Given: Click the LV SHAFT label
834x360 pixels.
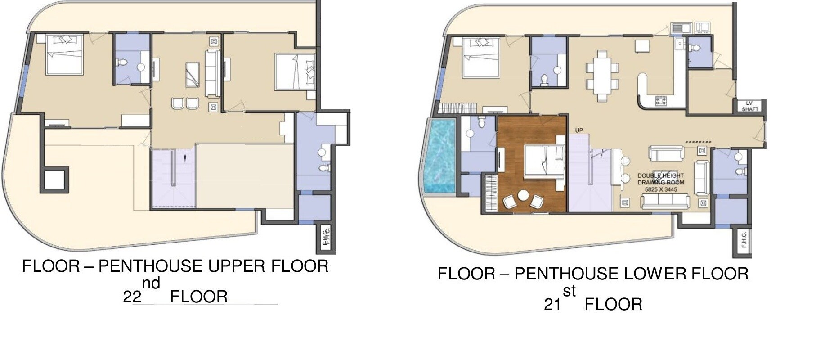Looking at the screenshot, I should (x=749, y=106).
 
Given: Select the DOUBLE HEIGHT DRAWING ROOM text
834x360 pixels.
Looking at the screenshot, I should (x=660, y=179).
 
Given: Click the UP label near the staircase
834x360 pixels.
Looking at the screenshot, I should (x=579, y=130).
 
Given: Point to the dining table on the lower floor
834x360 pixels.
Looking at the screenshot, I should (x=602, y=76).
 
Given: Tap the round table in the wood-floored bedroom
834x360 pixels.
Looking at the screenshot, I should (x=523, y=196).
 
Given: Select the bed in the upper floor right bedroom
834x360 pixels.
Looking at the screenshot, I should (x=295, y=72).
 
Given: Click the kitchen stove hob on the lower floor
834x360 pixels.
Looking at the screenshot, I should (x=660, y=101).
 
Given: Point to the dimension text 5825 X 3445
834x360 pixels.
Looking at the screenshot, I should (x=661, y=189).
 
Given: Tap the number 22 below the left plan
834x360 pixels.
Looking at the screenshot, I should (x=132, y=297).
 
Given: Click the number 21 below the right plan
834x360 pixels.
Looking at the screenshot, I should (x=552, y=305).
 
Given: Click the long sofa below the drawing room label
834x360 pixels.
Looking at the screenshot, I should (x=665, y=202).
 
